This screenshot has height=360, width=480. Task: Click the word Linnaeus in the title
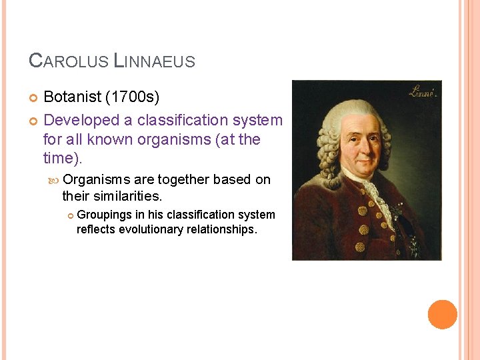(x=155, y=61)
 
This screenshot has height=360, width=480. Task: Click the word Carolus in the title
(x=69, y=61)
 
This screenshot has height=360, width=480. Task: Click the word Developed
(x=79, y=121)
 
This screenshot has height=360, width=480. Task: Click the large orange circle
(x=443, y=315)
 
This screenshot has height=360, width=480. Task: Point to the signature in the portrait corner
(x=421, y=91)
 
